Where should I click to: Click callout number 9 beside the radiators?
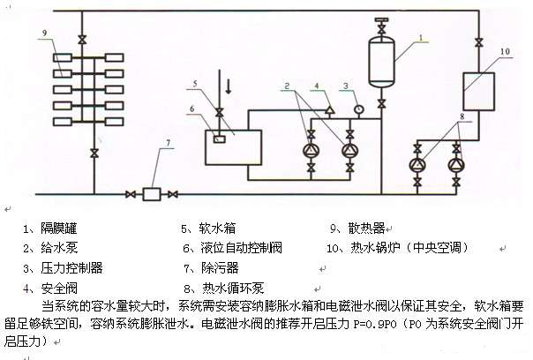click(x=42, y=33)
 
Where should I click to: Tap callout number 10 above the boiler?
click(x=506, y=51)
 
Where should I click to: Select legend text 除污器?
click(x=217, y=266)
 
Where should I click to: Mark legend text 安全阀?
click(x=54, y=287)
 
